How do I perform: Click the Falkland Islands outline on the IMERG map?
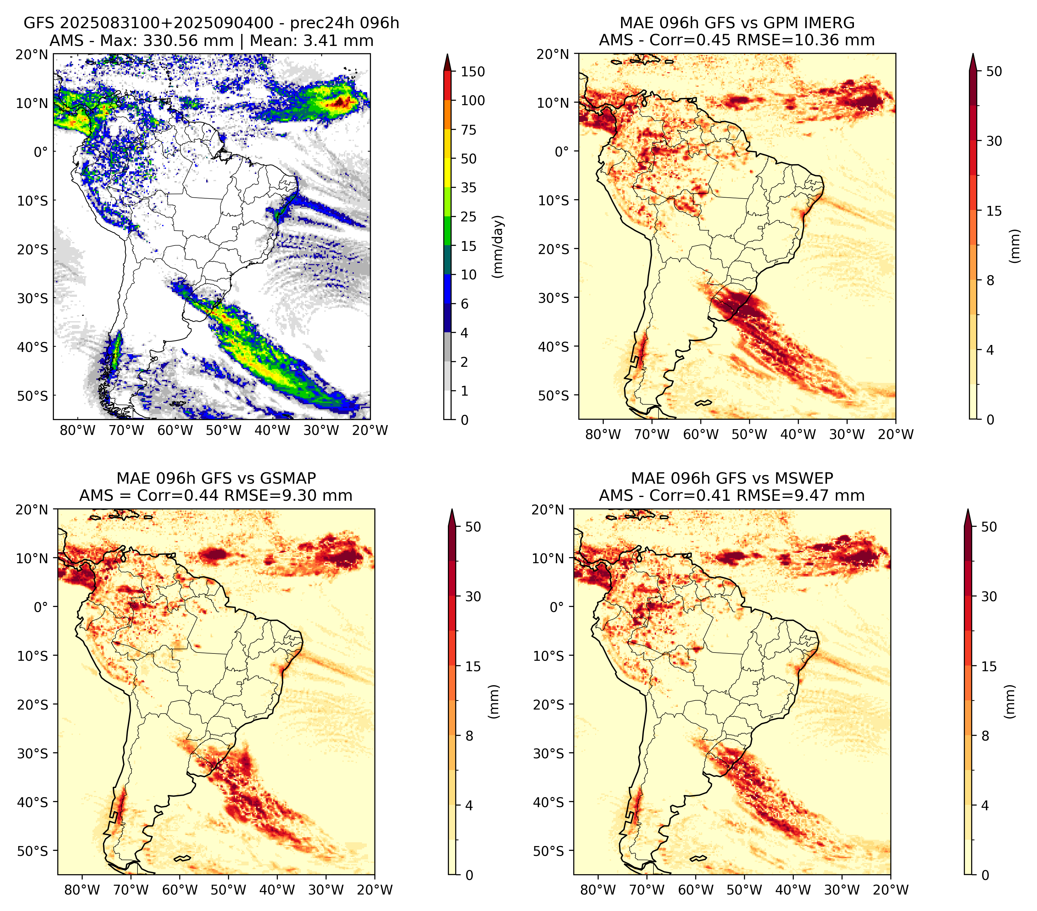[x=703, y=403]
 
